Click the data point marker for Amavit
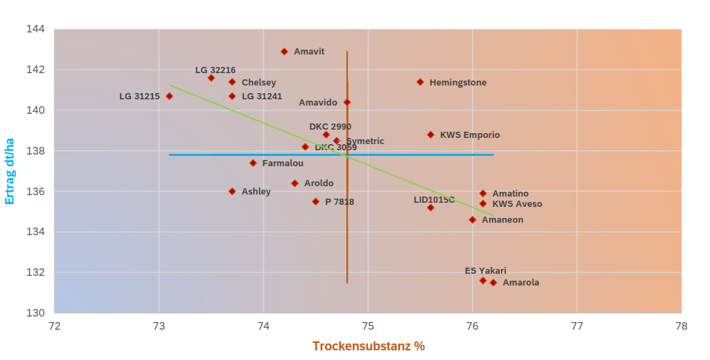[284, 52]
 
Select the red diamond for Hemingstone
[420, 82]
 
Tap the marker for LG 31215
[169, 97]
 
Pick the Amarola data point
[493, 283]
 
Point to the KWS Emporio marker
[431, 135]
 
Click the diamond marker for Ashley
[232, 192]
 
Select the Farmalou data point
[253, 163]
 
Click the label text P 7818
[339, 202]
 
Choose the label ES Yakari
[485, 271]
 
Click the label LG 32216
[215, 70]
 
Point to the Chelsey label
[259, 83]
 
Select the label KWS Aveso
[517, 204]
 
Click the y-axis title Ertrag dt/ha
[10, 170]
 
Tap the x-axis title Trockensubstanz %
[368, 346]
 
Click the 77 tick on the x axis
[578, 326]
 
